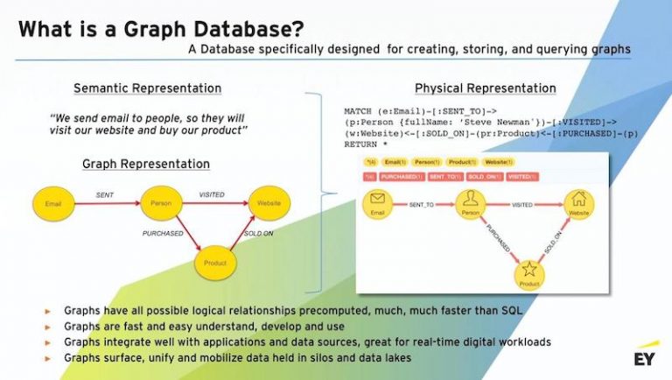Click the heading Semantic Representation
tap(147, 88)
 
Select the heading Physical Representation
tap(485, 88)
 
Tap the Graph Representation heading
tap(146, 164)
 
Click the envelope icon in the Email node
tap(377, 199)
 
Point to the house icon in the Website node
tap(576, 199)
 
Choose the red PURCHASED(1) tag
tap(402, 176)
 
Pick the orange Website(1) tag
tap(498, 162)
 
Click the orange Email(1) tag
tap(395, 162)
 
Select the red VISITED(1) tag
tap(522, 176)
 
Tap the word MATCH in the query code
tap(358, 112)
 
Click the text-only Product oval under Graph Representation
tap(214, 262)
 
